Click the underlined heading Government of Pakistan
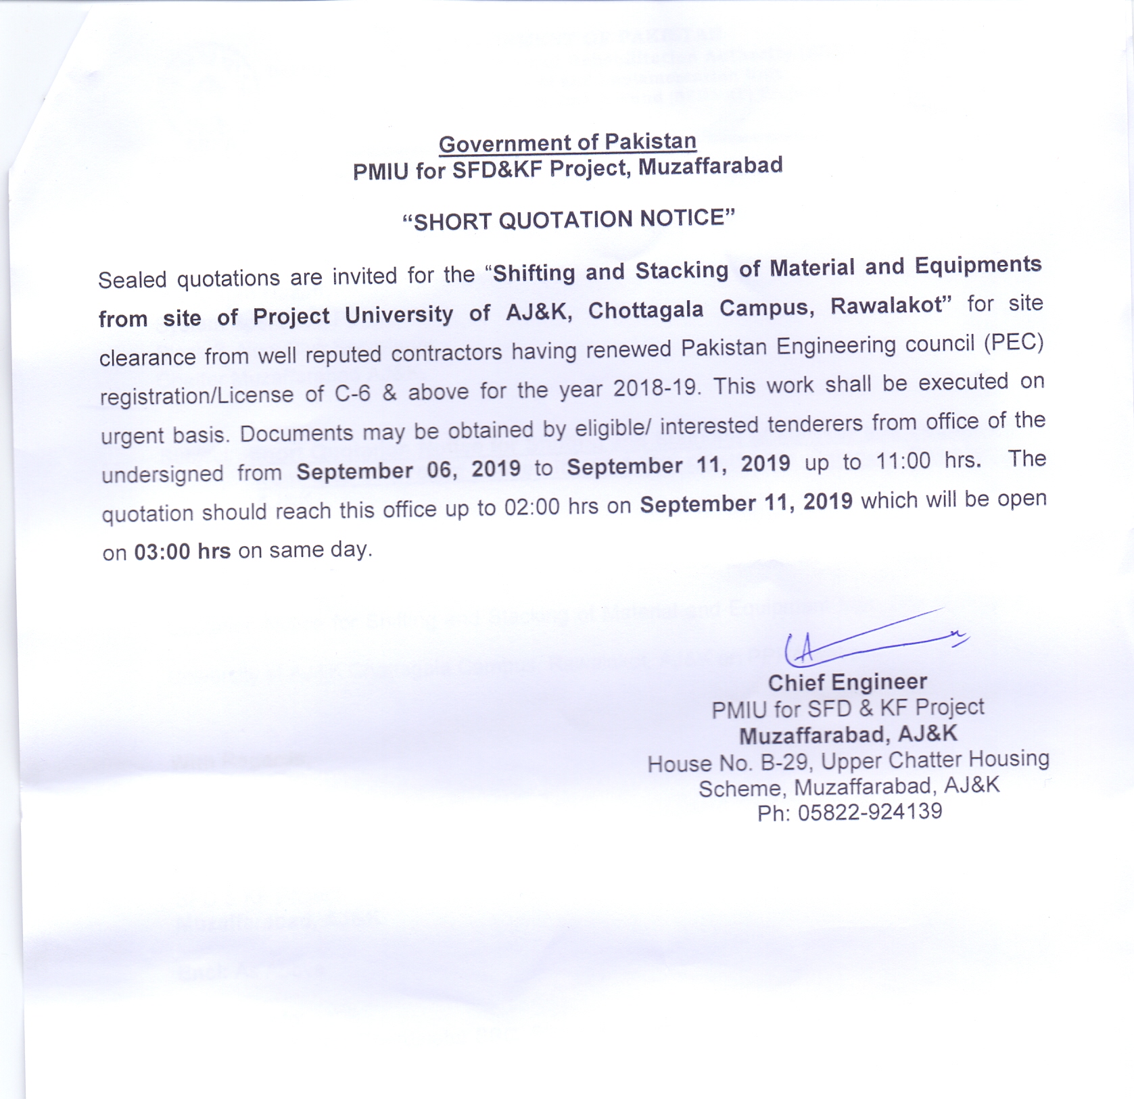pos(567,143)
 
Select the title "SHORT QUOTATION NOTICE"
pos(568,220)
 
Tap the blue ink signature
pos(872,639)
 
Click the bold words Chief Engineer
pos(847,683)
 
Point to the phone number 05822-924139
pos(870,812)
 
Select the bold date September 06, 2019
pos(408,470)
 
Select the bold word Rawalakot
pos(887,306)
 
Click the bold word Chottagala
pos(646,310)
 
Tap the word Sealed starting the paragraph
pos(132,279)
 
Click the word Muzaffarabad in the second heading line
pos(710,166)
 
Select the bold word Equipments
pos(978,264)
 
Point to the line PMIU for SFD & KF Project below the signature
pos(847,708)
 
